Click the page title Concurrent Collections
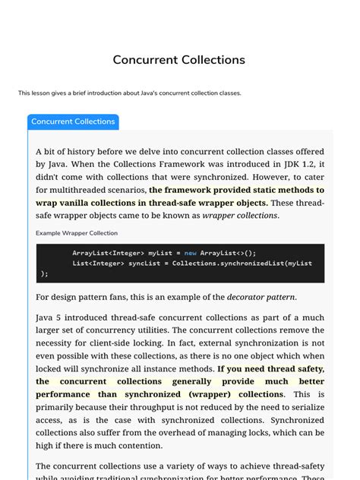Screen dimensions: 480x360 pos(179,59)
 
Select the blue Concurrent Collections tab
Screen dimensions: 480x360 pos(73,122)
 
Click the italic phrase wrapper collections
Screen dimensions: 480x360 pos(245,216)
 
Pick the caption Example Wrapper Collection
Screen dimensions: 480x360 pos(77,232)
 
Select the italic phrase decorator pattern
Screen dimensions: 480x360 pos(261,297)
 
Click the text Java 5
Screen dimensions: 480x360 pos(49,317)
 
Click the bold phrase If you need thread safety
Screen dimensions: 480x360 pos(270,368)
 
